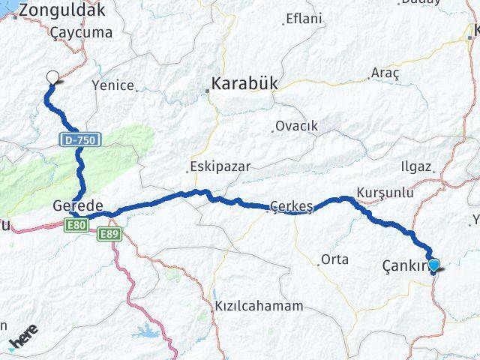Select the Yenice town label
pos(113,85)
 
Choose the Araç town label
pos(385,73)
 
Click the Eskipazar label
pos(220,166)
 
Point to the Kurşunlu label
pos(385,193)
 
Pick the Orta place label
pos(334,259)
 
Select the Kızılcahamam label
pos(259,306)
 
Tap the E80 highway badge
pos(76,223)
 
